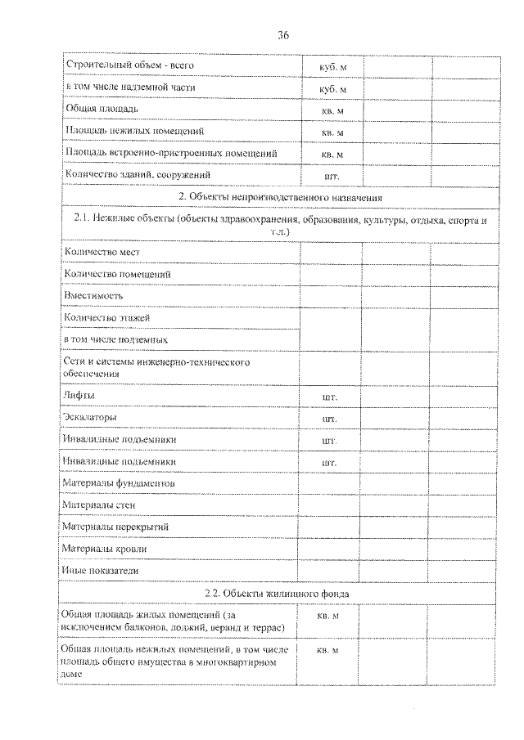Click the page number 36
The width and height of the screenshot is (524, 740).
point(283,35)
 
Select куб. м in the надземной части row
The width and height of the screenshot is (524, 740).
point(332,87)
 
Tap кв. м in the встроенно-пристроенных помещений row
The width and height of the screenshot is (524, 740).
point(332,154)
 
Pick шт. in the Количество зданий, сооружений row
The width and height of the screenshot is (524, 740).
point(332,176)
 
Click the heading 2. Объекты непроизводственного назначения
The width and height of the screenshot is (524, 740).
point(280,197)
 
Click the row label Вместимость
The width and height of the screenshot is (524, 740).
point(93,295)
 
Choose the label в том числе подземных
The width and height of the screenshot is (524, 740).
point(115,339)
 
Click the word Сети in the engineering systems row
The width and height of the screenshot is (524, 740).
point(74,361)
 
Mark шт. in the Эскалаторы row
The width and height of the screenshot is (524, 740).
point(331,418)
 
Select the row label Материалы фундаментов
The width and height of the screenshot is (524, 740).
point(119,483)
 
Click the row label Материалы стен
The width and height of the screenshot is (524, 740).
point(98,505)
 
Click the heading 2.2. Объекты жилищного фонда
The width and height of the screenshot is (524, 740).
point(278,592)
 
